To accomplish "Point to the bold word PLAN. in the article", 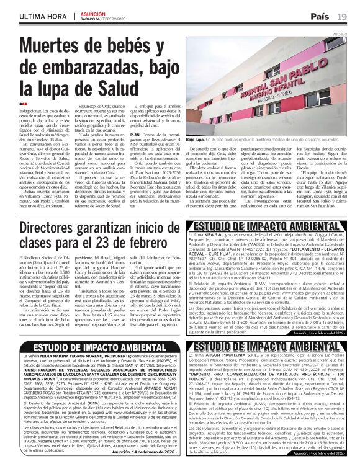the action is point(137,134).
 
